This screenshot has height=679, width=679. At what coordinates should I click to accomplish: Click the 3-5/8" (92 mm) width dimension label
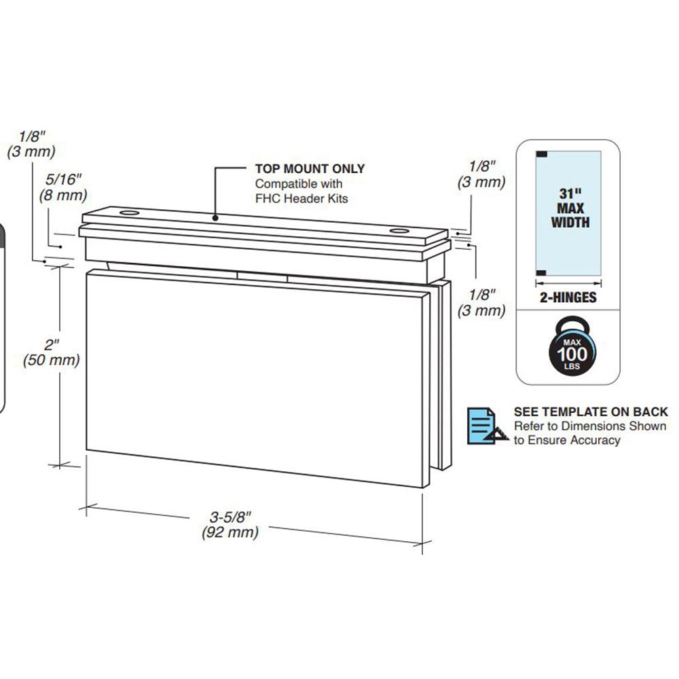(x=230, y=525)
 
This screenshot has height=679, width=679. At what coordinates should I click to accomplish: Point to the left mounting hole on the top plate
(x=128, y=214)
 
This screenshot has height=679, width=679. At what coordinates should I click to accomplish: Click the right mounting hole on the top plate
(x=400, y=233)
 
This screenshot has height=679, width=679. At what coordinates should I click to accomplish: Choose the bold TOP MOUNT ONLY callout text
(x=310, y=169)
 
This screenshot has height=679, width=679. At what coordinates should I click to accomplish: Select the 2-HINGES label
(x=568, y=297)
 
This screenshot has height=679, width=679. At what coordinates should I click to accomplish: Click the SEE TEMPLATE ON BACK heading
(x=590, y=411)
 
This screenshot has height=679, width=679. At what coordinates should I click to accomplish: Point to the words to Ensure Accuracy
(x=566, y=440)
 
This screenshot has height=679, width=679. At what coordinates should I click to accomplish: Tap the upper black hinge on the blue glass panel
(x=542, y=153)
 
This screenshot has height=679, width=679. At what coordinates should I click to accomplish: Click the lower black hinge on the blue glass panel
(x=542, y=272)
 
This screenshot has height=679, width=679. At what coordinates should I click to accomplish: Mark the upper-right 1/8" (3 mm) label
(x=487, y=174)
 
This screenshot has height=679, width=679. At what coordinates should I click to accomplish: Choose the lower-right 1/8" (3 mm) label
(x=487, y=302)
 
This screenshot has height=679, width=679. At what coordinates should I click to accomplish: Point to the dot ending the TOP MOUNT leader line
(x=215, y=217)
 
